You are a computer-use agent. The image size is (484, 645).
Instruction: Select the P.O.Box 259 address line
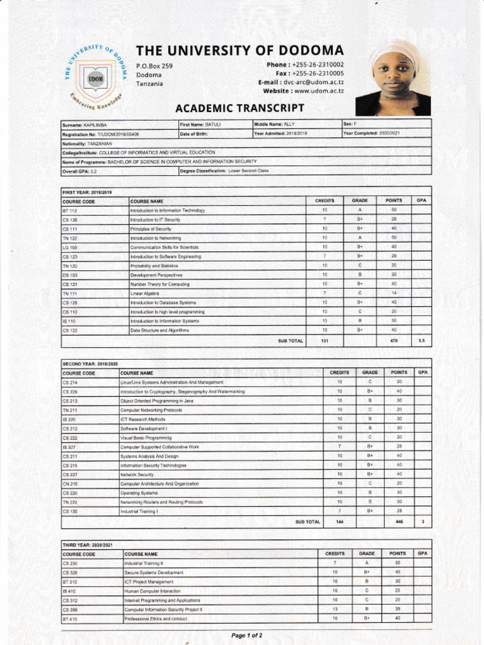point(154,66)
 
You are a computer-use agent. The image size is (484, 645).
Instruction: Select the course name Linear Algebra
point(145,294)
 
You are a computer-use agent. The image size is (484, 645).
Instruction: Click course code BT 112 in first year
point(70,210)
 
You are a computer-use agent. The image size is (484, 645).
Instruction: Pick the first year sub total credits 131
point(325,341)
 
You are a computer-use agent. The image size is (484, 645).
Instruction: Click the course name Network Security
point(137,474)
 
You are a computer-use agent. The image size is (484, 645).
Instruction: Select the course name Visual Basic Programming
point(146,438)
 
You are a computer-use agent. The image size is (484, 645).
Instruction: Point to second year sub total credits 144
point(339,522)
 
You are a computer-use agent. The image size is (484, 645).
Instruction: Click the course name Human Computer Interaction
point(153,591)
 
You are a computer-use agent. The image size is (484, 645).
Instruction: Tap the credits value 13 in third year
point(335,610)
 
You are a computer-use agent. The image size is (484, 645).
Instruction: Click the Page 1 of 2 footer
point(246,636)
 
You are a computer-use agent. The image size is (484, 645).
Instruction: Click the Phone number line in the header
point(306,65)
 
